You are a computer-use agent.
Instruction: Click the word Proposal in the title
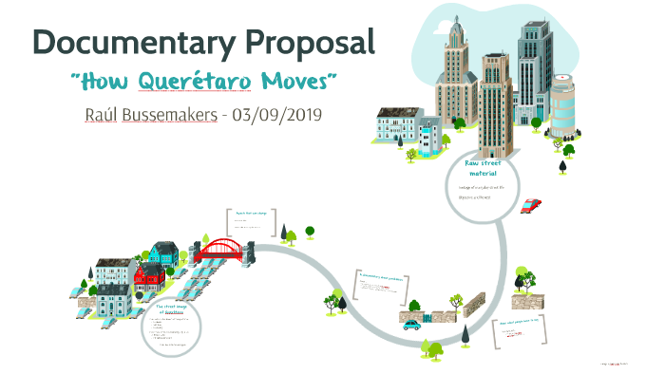[x=313, y=42]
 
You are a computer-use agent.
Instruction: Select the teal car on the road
[x=411, y=324]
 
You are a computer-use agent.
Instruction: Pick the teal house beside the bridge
[x=164, y=253]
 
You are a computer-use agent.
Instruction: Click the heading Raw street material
[x=482, y=169]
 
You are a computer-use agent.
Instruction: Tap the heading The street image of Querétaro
[x=170, y=311]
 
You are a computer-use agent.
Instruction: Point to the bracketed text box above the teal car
[x=382, y=283]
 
